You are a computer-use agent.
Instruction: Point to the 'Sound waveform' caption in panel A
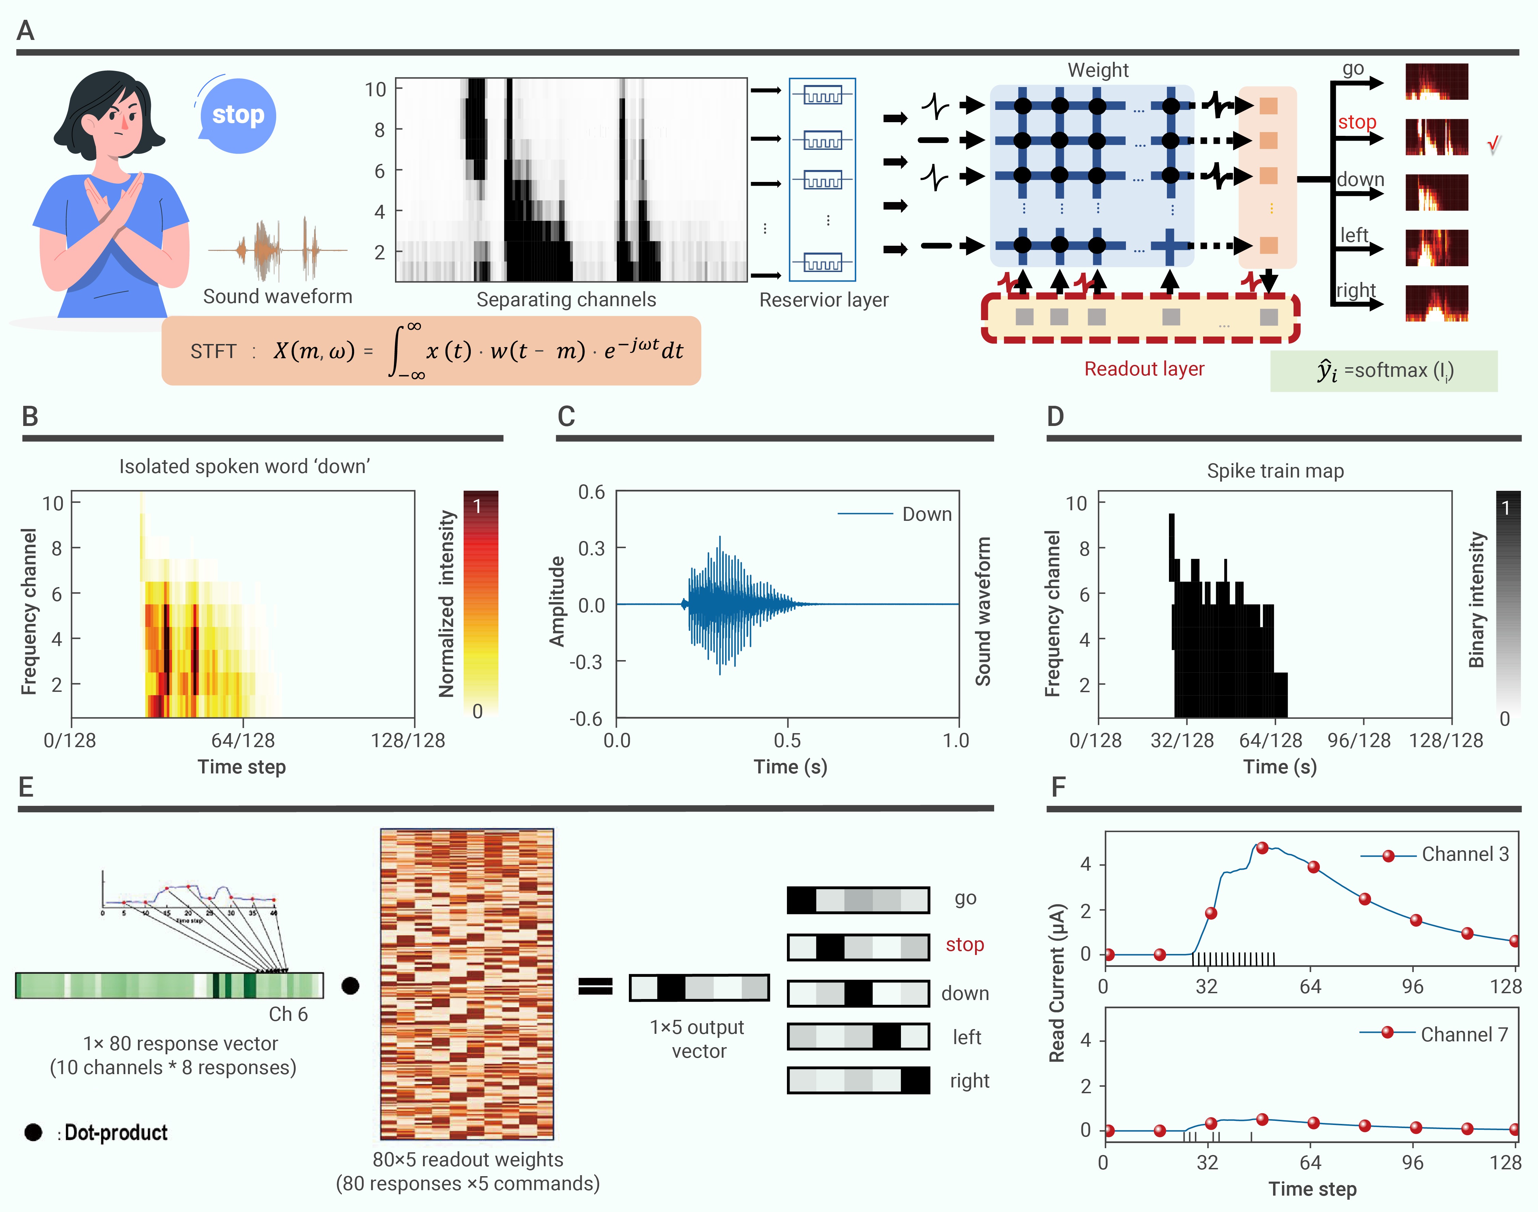278,297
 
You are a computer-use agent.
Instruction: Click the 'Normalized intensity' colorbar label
447,603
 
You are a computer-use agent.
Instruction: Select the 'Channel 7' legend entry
1464,1035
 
